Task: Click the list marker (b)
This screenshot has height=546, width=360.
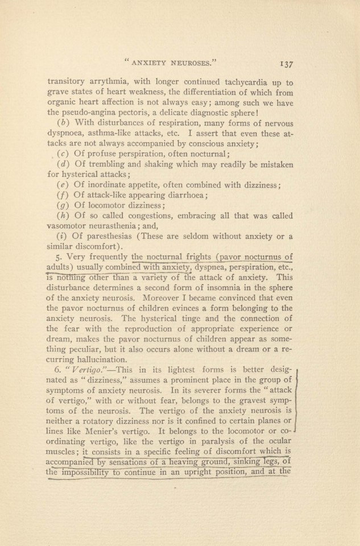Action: (64, 124)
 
